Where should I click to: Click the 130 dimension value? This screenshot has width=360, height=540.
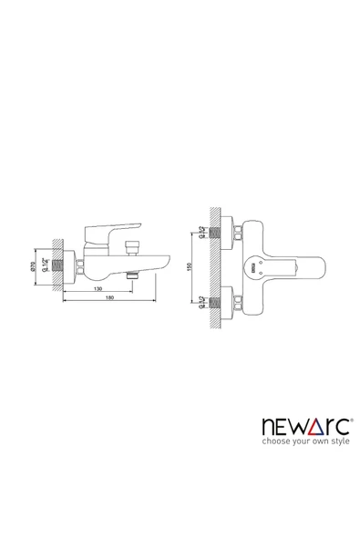click(x=98, y=289)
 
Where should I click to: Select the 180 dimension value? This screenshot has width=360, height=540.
click(x=109, y=297)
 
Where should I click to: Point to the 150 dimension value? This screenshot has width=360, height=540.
click(x=189, y=267)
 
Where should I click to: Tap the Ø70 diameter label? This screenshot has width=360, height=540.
click(x=33, y=266)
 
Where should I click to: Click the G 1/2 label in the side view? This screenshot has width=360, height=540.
click(x=45, y=265)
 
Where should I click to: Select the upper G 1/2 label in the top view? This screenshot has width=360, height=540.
click(x=201, y=233)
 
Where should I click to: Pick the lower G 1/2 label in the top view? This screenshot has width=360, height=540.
click(x=201, y=302)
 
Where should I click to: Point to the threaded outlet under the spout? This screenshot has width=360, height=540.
click(x=131, y=275)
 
